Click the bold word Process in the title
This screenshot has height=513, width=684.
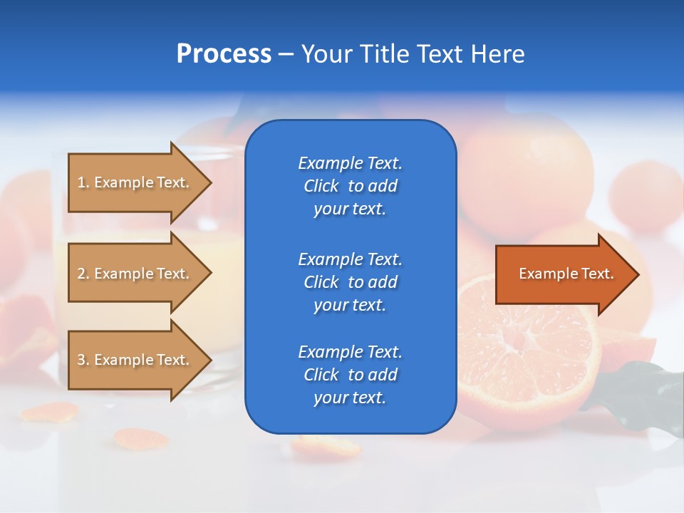tap(224, 54)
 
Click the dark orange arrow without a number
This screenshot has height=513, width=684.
tap(563, 274)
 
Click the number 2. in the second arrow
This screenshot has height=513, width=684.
tap(83, 274)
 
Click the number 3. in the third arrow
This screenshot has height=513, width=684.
tap(83, 360)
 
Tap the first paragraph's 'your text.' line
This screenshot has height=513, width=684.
tap(350, 209)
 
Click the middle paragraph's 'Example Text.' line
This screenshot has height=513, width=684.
tap(350, 259)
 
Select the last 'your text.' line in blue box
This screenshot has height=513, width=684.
tap(350, 398)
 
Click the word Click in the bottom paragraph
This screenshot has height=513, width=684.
tap(321, 375)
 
